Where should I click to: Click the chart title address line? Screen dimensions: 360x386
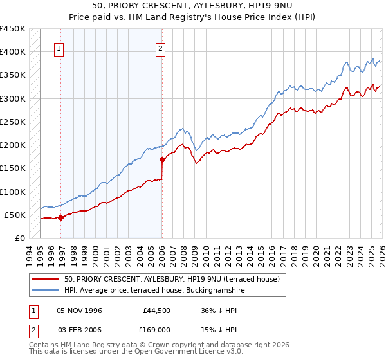[x=192, y=6]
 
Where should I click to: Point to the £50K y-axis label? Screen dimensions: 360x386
[x=15, y=215]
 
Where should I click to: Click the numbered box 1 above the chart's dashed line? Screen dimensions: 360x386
[x=59, y=48]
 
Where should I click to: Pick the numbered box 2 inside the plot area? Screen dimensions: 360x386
[x=160, y=48]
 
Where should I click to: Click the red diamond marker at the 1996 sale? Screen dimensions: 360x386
[x=60, y=217]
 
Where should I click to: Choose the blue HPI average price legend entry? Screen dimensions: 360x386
[x=154, y=291]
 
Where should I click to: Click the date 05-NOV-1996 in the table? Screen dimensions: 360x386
[x=80, y=310]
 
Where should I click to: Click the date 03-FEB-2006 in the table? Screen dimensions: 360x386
[x=80, y=332]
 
